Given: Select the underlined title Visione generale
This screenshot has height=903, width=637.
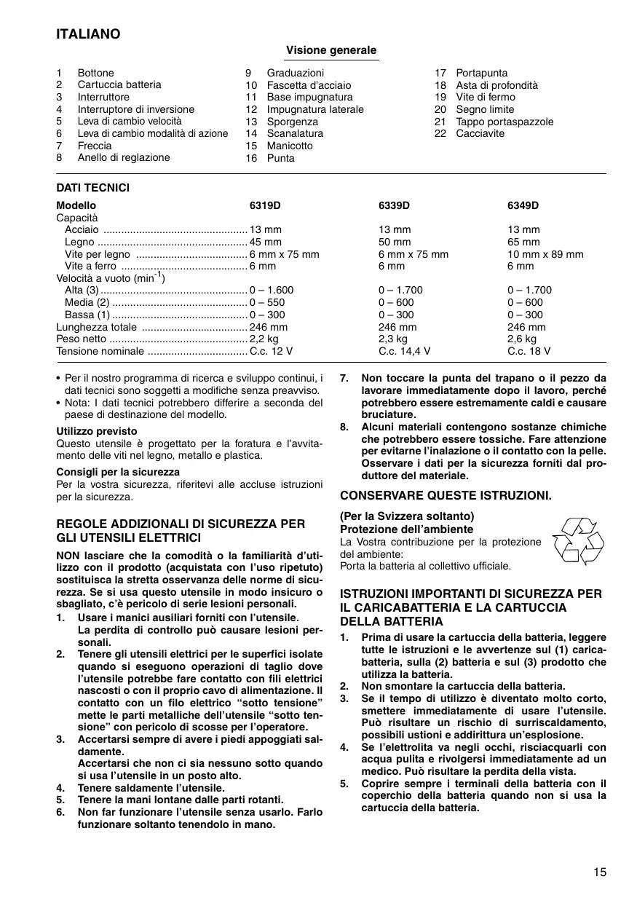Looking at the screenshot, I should click(x=331, y=50).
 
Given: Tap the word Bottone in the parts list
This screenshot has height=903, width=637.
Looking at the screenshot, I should click(x=96, y=73).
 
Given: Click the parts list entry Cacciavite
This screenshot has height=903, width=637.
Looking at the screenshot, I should click(x=480, y=134).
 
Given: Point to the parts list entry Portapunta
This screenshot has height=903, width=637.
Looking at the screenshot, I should click(x=482, y=73).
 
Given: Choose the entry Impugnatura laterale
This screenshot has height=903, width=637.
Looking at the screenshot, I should click(x=315, y=109).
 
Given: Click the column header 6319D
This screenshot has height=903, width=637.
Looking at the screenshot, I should click(x=266, y=205).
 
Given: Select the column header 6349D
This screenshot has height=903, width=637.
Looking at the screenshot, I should click(x=523, y=205).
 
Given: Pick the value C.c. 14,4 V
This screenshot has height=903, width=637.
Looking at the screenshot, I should click(x=405, y=351).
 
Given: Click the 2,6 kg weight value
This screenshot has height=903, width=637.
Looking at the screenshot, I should click(x=522, y=339).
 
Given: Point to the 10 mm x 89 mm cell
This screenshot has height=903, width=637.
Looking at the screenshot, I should click(x=545, y=254).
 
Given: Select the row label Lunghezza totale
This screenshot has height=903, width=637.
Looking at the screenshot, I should click(x=91, y=327).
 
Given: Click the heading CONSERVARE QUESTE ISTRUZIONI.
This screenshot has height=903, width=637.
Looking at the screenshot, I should click(x=446, y=495).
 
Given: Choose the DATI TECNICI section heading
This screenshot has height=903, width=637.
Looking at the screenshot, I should click(x=92, y=188).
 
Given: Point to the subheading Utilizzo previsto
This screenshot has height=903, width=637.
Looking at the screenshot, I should click(x=97, y=431).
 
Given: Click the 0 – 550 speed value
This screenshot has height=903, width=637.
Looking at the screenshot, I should click(x=266, y=302).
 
